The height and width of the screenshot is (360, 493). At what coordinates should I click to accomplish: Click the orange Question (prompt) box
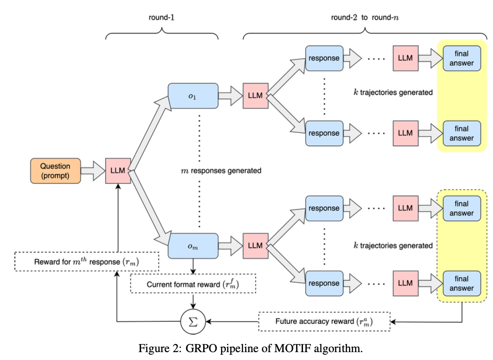[55, 171]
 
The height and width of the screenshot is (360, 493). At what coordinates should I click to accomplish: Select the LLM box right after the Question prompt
[118, 171]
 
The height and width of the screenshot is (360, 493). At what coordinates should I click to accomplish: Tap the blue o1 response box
[193, 96]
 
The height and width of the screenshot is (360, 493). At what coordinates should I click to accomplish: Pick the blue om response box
[193, 246]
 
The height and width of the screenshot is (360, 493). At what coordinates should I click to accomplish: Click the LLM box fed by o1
[255, 96]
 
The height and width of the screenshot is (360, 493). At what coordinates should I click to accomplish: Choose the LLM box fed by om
[255, 246]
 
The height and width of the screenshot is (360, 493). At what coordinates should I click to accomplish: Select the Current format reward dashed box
[193, 284]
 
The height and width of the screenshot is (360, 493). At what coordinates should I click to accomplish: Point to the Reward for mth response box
[86, 262]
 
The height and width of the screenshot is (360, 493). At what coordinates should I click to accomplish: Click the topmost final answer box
[461, 58]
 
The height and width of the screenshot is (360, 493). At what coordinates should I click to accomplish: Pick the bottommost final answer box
[461, 283]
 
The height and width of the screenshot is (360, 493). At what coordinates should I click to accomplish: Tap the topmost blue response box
[324, 58]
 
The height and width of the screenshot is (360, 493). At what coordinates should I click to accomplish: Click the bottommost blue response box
[324, 283]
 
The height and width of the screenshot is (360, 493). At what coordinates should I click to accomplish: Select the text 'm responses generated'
[221, 170]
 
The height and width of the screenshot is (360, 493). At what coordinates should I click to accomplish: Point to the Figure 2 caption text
[250, 349]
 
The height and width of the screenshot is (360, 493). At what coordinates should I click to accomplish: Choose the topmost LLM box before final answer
[405, 58]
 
